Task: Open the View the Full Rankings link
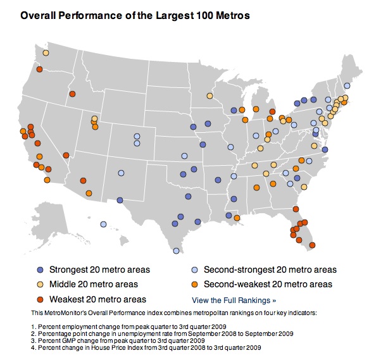[234, 300]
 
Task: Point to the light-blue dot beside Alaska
[103, 223]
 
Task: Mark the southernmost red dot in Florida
[312, 245]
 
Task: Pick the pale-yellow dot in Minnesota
[210, 96]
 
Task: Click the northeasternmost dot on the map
[347, 85]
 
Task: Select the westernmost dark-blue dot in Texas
[120, 200]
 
